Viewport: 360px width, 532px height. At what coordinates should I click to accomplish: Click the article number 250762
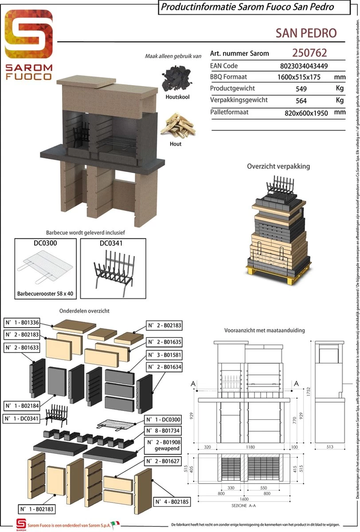(309, 53)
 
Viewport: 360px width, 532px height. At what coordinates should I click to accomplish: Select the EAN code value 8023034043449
(304, 66)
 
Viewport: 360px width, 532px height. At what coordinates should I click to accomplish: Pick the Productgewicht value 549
(301, 88)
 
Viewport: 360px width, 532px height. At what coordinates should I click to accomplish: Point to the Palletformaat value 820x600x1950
(306, 113)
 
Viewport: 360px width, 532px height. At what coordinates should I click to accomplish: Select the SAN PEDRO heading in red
(306, 33)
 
